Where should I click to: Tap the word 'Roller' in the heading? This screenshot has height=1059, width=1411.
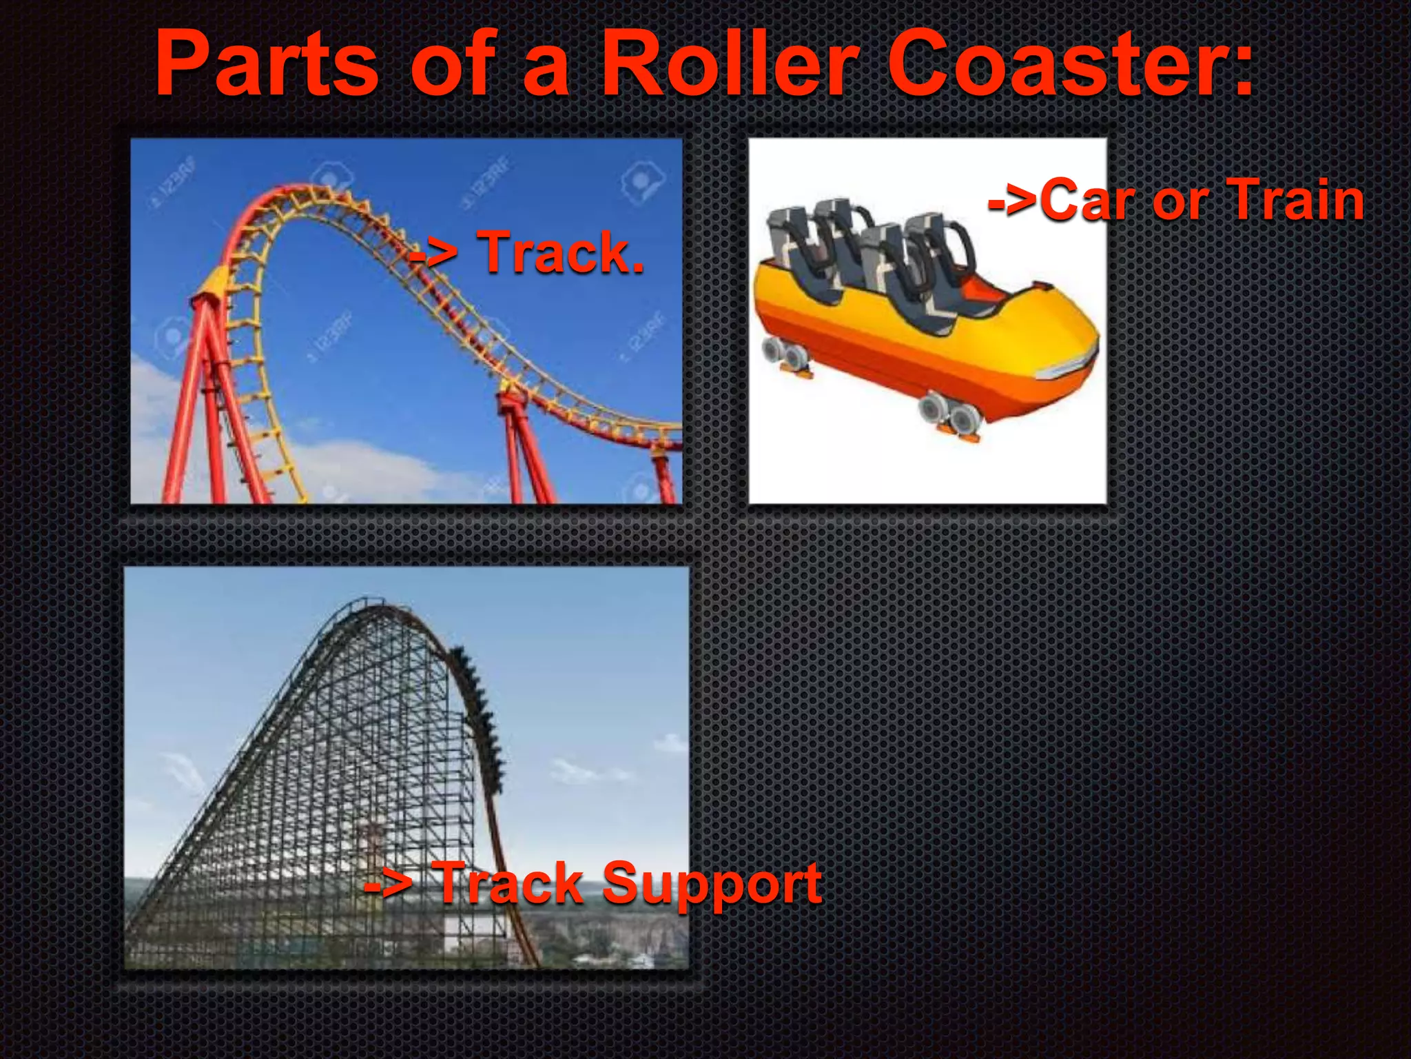pyautogui.click(x=730, y=65)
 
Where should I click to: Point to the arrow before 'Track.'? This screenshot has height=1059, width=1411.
pyautogui.click(x=433, y=256)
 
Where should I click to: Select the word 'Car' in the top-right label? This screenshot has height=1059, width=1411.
pyautogui.click(x=1088, y=200)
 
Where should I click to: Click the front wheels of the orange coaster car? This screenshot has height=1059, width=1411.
pyautogui.click(x=951, y=414)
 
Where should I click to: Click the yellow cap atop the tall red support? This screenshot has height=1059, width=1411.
pyautogui.click(x=213, y=285)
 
